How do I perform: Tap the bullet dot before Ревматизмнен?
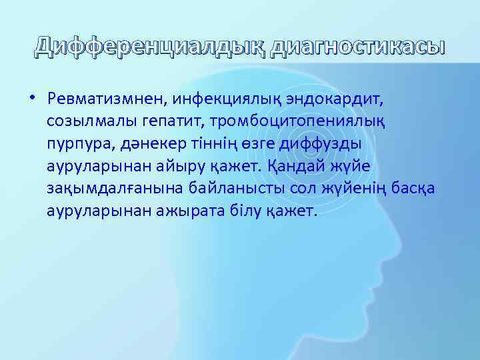[31, 99]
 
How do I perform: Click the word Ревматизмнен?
[107, 99]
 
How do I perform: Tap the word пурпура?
[75, 144]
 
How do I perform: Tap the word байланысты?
[227, 188]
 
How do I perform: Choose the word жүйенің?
[354, 188]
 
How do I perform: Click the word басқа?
[413, 188]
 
